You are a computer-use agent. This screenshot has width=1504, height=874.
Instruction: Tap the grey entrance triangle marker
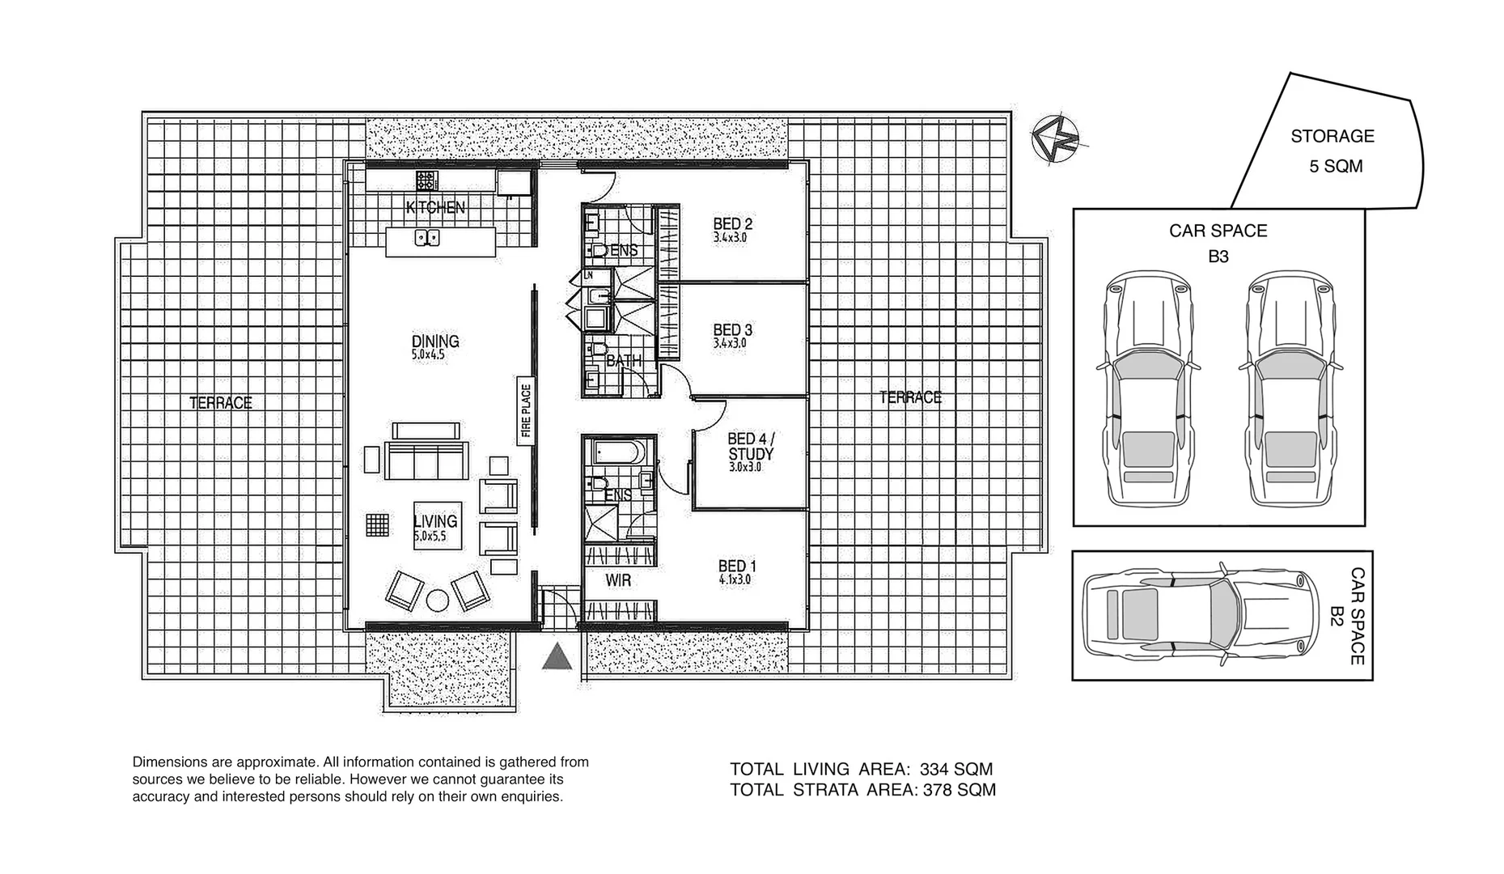(557, 659)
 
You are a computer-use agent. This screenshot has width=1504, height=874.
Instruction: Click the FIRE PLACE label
(525, 411)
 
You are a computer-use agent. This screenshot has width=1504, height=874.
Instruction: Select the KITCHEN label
(435, 208)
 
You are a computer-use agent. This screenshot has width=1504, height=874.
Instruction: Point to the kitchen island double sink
(426, 238)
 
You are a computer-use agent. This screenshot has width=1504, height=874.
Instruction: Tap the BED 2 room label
(733, 224)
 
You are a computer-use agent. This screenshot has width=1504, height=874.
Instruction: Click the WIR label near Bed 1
(618, 581)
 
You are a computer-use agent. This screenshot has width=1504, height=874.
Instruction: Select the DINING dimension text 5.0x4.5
(428, 354)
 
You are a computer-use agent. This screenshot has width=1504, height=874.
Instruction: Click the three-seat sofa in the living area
(426, 461)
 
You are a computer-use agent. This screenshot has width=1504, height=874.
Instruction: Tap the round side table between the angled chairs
(438, 600)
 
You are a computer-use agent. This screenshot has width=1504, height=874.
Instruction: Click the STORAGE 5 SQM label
(1332, 151)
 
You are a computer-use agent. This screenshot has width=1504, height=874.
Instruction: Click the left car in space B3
(1147, 388)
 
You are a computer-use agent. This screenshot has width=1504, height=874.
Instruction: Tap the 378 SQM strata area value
(959, 790)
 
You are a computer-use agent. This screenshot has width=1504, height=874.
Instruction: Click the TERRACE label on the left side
(221, 403)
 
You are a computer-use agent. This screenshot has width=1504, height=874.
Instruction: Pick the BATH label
(623, 361)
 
